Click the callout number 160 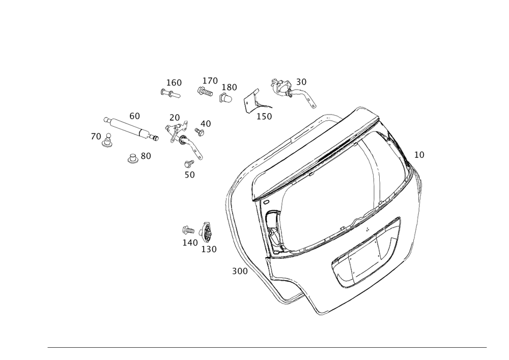(174, 83)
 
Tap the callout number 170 (210, 81)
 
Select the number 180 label (229, 87)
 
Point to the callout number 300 (240, 271)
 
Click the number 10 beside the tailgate (419, 155)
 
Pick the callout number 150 (264, 117)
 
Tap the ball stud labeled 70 (107, 140)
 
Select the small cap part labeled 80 (132, 159)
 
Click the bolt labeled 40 (199, 131)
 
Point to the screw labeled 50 (189, 163)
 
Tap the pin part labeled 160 (170, 94)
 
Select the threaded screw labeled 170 (205, 91)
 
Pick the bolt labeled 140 (188, 231)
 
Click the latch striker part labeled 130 (207, 232)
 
